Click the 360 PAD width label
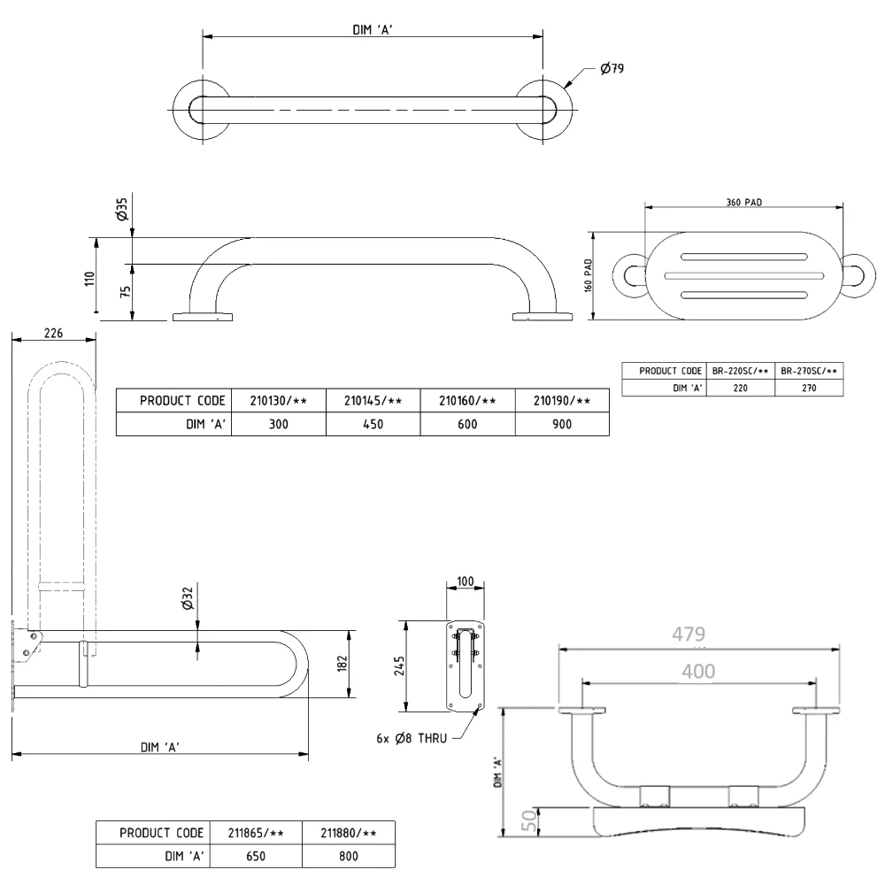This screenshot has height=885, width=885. pyautogui.click(x=743, y=202)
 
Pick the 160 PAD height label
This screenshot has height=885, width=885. pyautogui.click(x=588, y=277)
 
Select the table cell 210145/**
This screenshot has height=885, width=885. pyautogui.click(x=373, y=401)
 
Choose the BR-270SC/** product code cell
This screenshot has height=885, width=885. pyautogui.click(x=809, y=371)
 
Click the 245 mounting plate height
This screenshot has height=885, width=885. pyautogui.click(x=400, y=664)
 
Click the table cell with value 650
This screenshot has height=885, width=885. pyautogui.click(x=255, y=858)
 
